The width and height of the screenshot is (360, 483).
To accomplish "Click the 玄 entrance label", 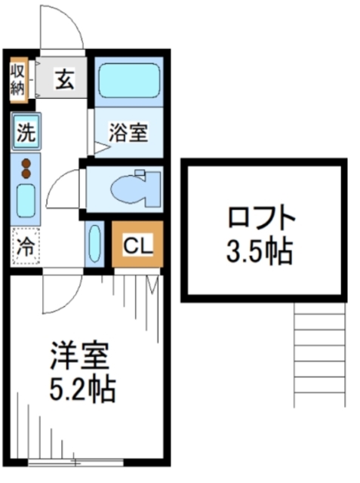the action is pyautogui.click(x=64, y=79).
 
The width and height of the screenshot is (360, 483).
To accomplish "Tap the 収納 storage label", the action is pyautogui.click(x=17, y=80).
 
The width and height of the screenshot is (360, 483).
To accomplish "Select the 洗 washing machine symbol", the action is pyautogui.click(x=26, y=131).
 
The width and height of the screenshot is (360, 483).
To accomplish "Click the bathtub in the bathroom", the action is pyautogui.click(x=129, y=81).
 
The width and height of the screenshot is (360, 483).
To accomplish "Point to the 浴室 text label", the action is pyautogui.click(x=128, y=133).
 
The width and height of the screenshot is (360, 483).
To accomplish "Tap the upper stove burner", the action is pyautogui.click(x=26, y=163).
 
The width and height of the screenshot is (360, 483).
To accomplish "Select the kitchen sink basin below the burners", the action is pyautogui.click(x=26, y=200).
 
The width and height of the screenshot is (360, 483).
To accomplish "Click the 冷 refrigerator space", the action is pyautogui.click(x=26, y=246).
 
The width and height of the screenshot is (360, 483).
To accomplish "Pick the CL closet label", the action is pyautogui.click(x=137, y=245).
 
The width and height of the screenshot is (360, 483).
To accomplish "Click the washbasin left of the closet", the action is pyautogui.click(x=94, y=244).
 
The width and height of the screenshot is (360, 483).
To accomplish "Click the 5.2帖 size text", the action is pyautogui.click(x=82, y=389).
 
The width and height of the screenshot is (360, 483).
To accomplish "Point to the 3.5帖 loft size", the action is pyautogui.click(x=260, y=251).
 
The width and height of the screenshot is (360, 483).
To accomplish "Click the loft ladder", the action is pyautogui.click(x=319, y=354).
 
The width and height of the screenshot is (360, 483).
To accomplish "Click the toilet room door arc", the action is pyautogui.click(x=54, y=183).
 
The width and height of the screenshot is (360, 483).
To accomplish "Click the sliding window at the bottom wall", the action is pyautogui.click(x=75, y=462).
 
